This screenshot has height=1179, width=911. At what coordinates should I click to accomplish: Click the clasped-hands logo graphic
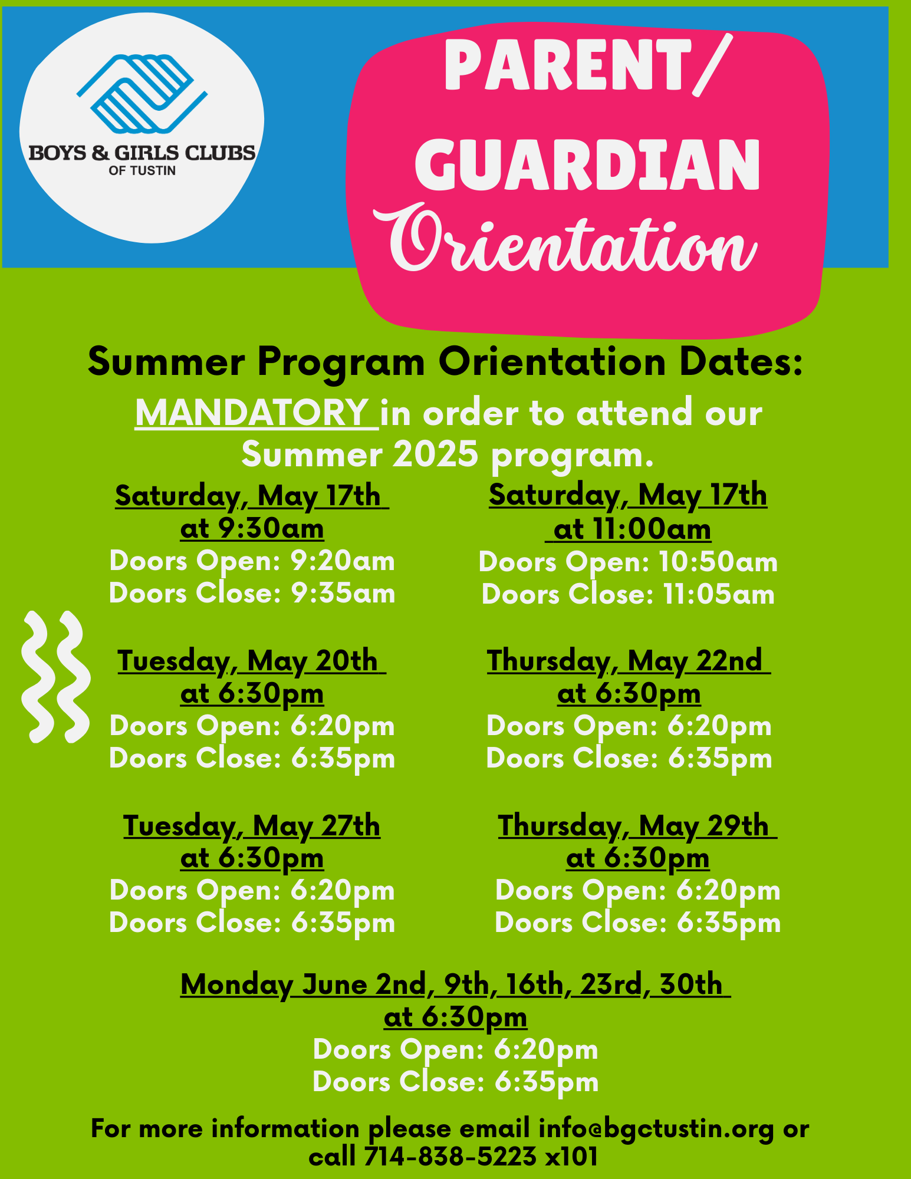tap(142, 94)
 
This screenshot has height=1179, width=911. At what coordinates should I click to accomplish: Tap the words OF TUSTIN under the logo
tap(142, 171)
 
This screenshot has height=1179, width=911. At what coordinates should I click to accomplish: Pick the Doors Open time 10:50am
tap(719, 562)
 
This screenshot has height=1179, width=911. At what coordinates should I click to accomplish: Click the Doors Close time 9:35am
tap(343, 593)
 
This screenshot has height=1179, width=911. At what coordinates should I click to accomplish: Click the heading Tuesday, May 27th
tap(252, 826)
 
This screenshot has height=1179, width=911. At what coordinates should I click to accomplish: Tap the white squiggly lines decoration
tap(55, 677)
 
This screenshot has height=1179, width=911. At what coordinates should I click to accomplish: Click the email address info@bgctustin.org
tap(656, 1128)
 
